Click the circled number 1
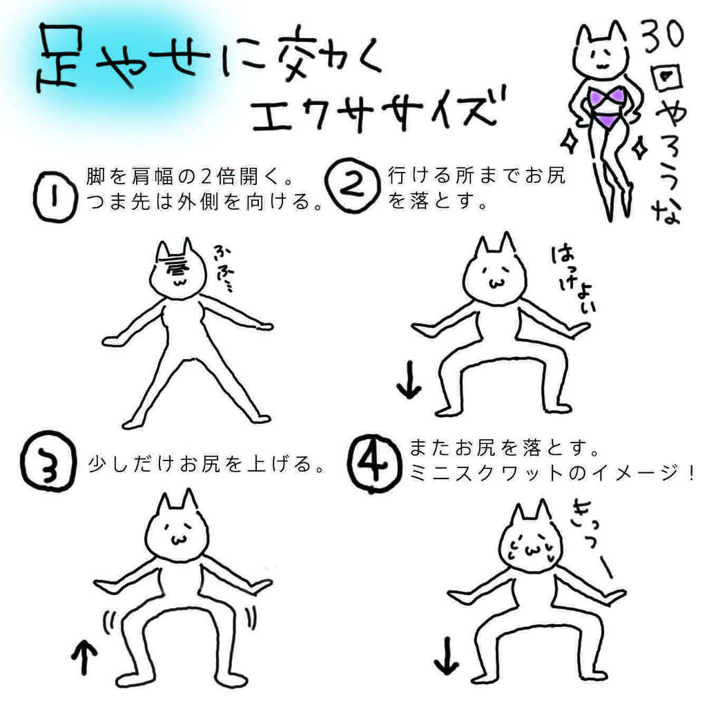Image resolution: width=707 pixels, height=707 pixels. tap(52, 197)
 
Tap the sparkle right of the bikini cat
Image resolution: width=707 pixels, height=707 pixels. tap(639, 146)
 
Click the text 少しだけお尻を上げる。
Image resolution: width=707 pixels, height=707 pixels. tap(207, 465)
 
